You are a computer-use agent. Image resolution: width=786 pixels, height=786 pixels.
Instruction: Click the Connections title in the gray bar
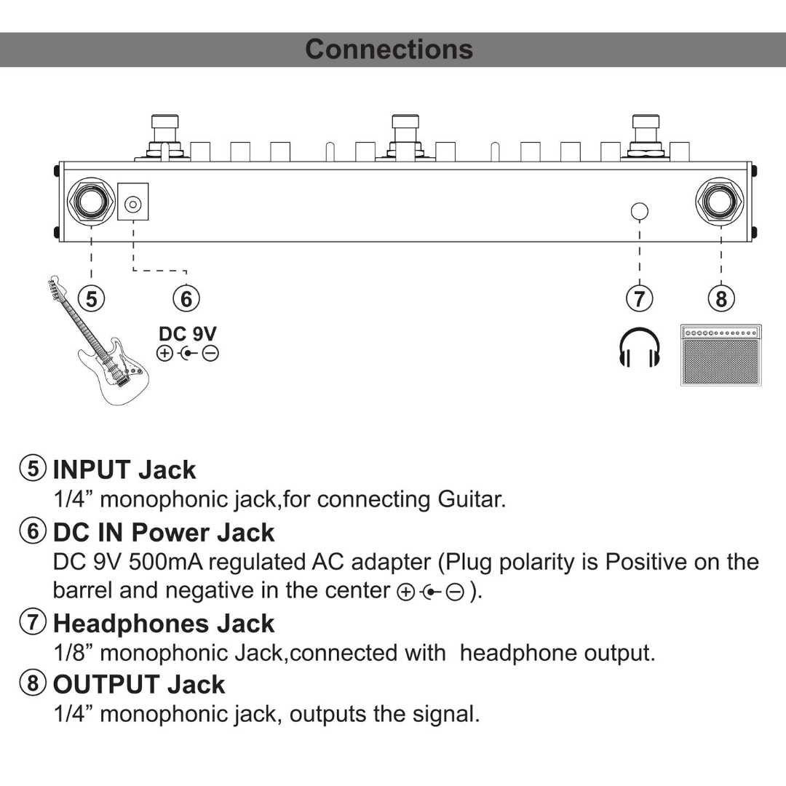point(389,49)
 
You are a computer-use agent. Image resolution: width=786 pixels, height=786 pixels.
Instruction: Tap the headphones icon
point(639,347)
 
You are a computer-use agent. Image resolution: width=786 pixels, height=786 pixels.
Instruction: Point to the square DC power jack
point(132,203)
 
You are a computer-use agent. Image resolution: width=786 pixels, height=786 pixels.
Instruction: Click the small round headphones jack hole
point(639,212)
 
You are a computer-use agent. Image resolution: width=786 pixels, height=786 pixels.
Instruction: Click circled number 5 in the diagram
point(91,298)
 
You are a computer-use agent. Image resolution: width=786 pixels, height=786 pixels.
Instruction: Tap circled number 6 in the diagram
point(186,298)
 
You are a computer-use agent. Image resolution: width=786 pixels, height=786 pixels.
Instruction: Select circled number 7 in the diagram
point(639,298)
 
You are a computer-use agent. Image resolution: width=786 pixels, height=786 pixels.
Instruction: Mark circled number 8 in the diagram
point(720,298)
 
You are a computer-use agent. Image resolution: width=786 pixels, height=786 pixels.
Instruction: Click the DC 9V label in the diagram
point(188,334)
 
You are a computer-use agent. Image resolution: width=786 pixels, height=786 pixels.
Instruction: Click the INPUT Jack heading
point(124,470)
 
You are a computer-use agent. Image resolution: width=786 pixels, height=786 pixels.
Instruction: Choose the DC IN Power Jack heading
point(164,533)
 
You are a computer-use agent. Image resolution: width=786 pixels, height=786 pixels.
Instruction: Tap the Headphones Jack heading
point(164,624)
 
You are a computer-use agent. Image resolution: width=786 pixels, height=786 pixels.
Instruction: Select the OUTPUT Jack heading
point(139,685)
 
